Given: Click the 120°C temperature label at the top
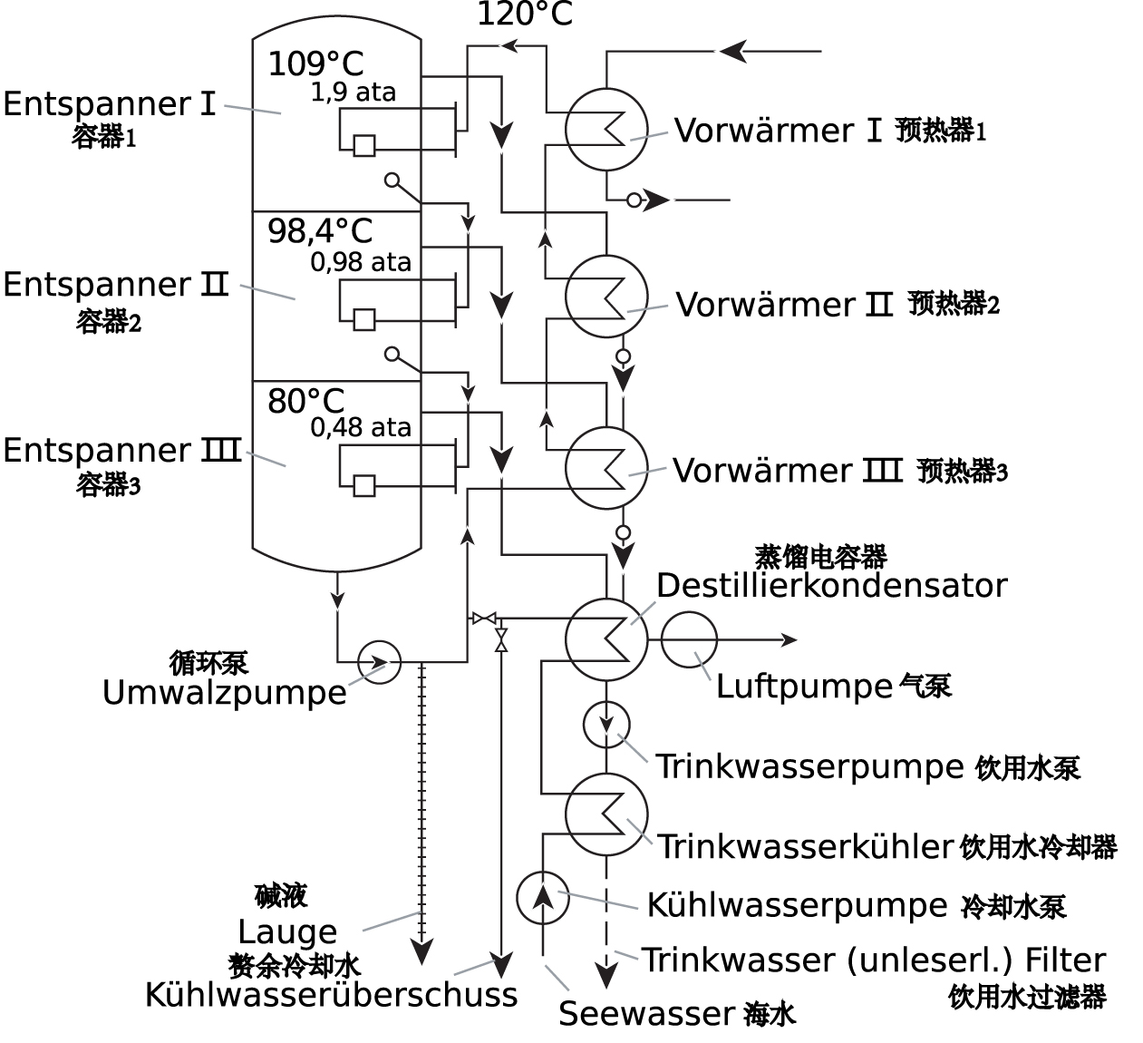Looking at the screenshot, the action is (525, 14).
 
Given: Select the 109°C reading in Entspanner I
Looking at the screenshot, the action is (315, 63).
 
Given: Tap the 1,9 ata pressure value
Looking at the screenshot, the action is (353, 93).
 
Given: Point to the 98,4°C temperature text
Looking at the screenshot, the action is (320, 231).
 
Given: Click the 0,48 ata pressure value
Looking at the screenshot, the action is (360, 427).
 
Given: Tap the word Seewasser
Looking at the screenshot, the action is (646, 1013).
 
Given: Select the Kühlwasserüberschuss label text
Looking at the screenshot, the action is (331, 995).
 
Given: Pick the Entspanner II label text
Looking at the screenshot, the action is (116, 284).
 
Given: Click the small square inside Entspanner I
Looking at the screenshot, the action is (364, 145).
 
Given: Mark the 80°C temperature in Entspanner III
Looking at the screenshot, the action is (306, 401).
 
